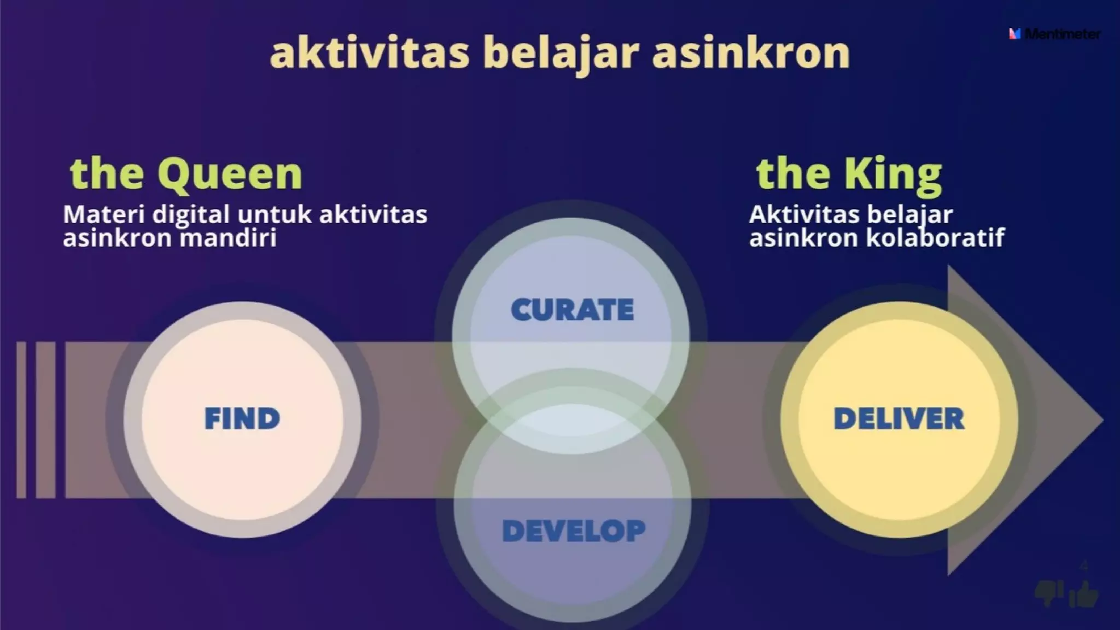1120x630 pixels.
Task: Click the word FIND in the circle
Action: [x=242, y=419]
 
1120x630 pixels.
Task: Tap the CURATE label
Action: [x=572, y=310]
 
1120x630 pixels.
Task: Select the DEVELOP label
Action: [x=574, y=531]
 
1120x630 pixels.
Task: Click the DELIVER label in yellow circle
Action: [x=899, y=419]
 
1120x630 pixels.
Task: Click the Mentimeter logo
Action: [x=1054, y=34]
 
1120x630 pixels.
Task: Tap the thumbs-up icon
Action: [x=1084, y=594]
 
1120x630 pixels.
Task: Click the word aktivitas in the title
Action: [x=370, y=53]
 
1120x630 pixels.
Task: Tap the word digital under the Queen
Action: [x=190, y=214]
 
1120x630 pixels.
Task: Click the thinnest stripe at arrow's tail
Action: [x=21, y=420]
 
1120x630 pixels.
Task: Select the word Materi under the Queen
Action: [x=103, y=214]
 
